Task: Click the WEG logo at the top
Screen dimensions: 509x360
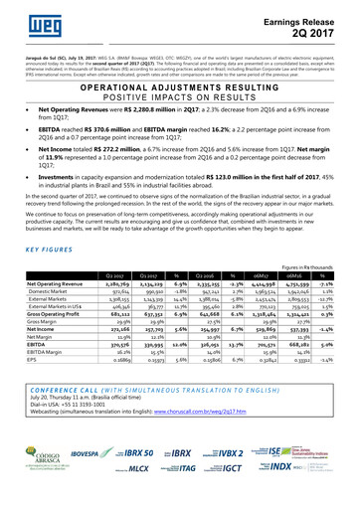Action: pyautogui.click(x=30, y=19)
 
